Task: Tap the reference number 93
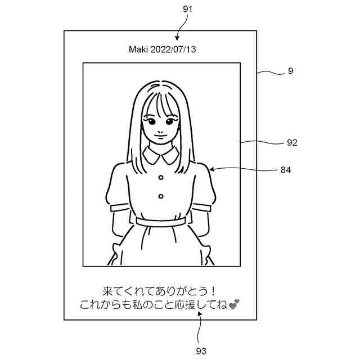click(x=201, y=351)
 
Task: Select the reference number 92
click(x=291, y=142)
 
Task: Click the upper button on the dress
click(x=161, y=177)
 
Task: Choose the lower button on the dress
click(x=161, y=196)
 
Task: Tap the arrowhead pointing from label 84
click(x=210, y=168)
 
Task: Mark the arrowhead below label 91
click(x=178, y=38)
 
